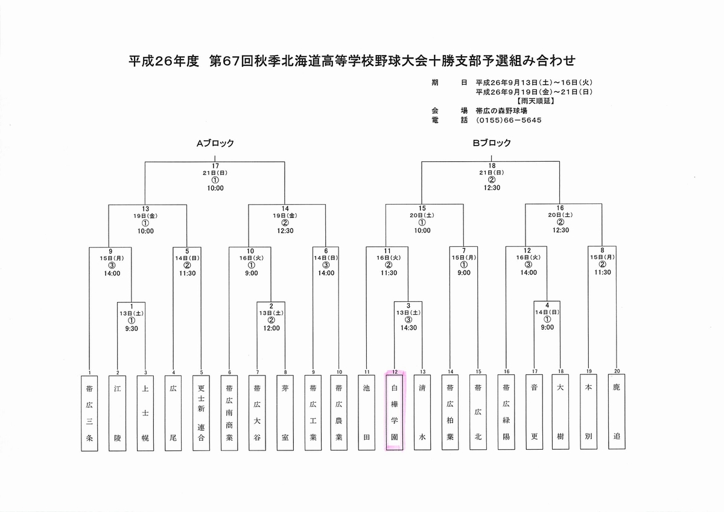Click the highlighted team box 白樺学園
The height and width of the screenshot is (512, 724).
pyautogui.click(x=395, y=412)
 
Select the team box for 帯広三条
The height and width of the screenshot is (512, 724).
pyautogui.click(x=89, y=413)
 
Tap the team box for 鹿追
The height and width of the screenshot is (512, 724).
pyautogui.click(x=617, y=411)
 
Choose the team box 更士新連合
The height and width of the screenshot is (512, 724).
pyautogui.click(x=201, y=413)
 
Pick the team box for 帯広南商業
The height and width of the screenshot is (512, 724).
pyautogui.click(x=229, y=413)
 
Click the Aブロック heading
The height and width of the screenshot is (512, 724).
pyautogui.click(x=215, y=143)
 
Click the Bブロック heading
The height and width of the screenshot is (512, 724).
pyautogui.click(x=492, y=143)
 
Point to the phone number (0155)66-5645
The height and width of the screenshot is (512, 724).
pyautogui.click(x=509, y=120)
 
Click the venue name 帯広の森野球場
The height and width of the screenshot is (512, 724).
pyautogui.click(x=501, y=111)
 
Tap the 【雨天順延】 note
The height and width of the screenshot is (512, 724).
pyautogui.click(x=536, y=101)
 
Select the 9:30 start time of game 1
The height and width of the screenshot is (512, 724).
pyautogui.click(x=132, y=328)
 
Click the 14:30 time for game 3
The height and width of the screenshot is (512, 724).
pyautogui.click(x=408, y=328)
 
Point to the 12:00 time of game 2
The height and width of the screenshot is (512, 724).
pyautogui.click(x=271, y=328)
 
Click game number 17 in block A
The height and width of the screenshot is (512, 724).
pyautogui.click(x=215, y=166)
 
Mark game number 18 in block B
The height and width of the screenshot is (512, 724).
pyautogui.click(x=492, y=165)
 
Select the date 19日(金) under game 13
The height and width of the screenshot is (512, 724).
pyautogui.click(x=145, y=216)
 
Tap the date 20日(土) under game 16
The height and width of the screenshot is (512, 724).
pyautogui.click(x=560, y=215)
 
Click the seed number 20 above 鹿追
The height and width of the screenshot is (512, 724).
pyautogui.click(x=617, y=371)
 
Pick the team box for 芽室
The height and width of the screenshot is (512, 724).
pyautogui.click(x=285, y=413)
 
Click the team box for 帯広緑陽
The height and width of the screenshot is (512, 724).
pyautogui.click(x=506, y=412)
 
